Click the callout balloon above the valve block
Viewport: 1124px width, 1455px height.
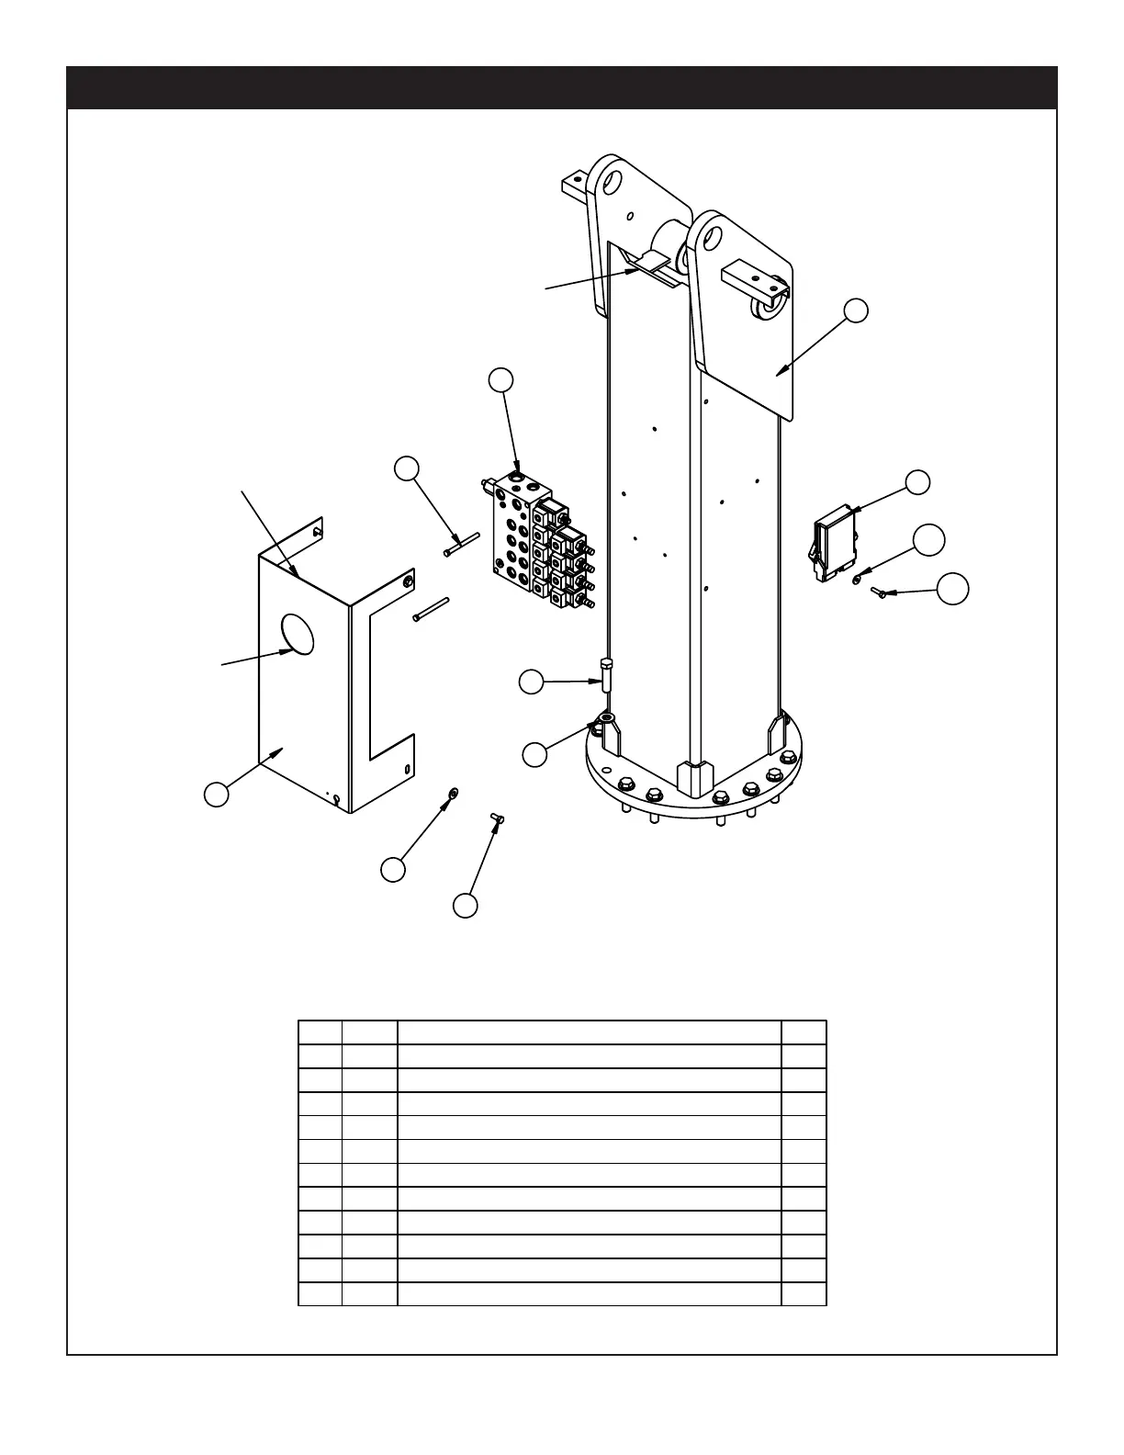tap(500, 380)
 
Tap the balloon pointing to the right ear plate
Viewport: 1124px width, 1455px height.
tap(856, 310)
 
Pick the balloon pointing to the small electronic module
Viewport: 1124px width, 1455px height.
tap(917, 481)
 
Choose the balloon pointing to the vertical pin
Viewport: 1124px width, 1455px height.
tap(531, 682)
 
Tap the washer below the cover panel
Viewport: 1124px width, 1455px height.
tap(452, 793)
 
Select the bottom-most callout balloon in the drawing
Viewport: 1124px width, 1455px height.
tap(466, 905)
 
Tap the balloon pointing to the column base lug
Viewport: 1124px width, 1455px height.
tap(534, 754)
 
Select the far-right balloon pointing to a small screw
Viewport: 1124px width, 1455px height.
tap(952, 590)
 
